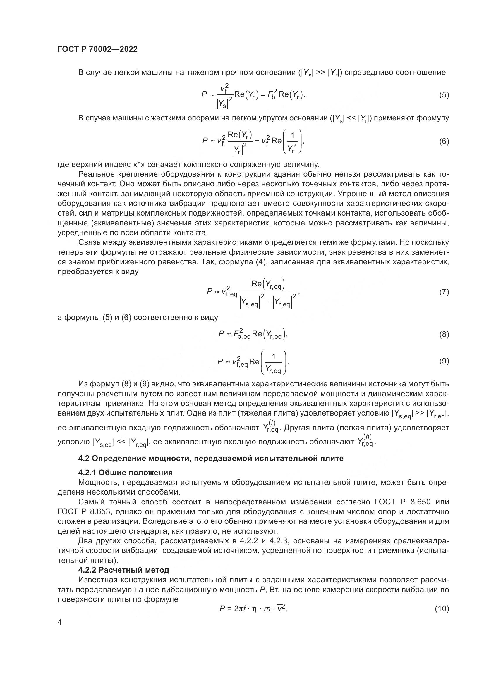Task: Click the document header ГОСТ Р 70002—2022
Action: coord(97,49)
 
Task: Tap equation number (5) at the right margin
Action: coord(444,95)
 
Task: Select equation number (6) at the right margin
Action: coord(444,141)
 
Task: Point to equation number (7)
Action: coord(444,292)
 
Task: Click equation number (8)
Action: coord(444,335)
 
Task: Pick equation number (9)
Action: coord(444,361)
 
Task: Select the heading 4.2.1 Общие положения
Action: coord(126,473)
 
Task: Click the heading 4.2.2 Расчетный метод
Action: coord(124,570)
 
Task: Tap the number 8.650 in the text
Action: coord(420,502)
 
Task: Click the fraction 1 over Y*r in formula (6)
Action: coord(292,142)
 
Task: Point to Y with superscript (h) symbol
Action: coord(365,440)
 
